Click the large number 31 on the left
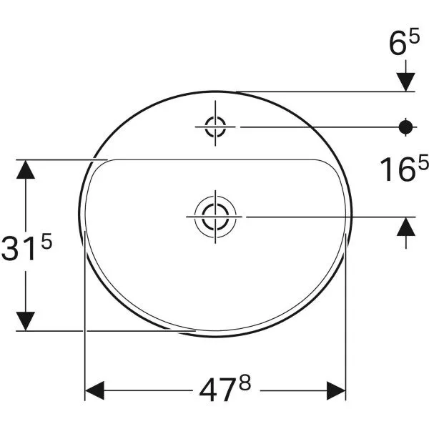pos(20,250)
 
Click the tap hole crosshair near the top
pos(214,127)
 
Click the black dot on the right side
pos(406,127)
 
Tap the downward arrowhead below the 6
pos(406,82)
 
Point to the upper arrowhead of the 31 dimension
pos(26,169)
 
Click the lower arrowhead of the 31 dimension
pos(26,321)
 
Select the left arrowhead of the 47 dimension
pos(95,391)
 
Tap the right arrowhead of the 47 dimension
pos(337,391)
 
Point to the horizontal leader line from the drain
pos(322,215)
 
